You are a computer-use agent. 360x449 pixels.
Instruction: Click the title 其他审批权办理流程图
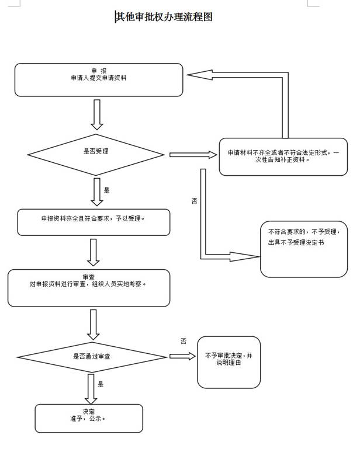(164, 17)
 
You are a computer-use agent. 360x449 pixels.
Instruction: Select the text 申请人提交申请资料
(98, 78)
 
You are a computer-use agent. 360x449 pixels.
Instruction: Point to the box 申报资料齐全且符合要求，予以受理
(94, 220)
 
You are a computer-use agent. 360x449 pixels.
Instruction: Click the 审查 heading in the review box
(89, 276)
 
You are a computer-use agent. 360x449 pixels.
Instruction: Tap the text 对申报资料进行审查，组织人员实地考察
(89, 284)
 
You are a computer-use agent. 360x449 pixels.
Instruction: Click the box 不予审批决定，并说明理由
(228, 362)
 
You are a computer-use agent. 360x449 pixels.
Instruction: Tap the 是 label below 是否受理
(106, 190)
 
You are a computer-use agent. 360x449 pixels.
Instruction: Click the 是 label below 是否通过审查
(101, 384)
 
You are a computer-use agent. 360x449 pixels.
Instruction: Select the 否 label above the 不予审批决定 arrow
(184, 341)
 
